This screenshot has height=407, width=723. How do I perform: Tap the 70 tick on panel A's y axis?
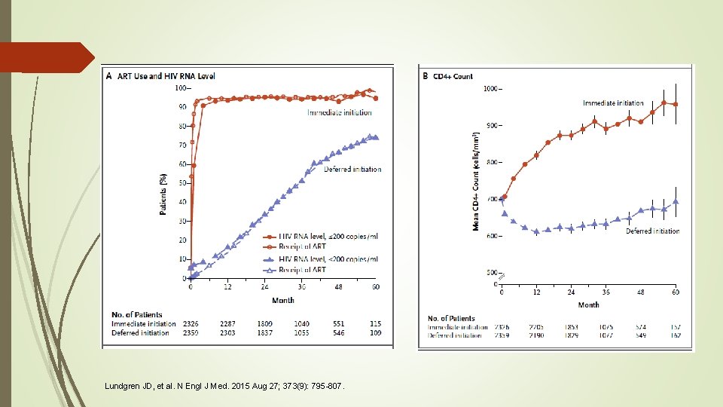[x=182, y=145]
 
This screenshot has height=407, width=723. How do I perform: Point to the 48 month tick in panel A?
[x=338, y=287]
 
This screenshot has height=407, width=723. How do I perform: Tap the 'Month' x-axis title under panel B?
[x=589, y=304]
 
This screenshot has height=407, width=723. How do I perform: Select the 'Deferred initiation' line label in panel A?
[x=352, y=170]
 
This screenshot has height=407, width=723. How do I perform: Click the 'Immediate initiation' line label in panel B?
[x=613, y=103]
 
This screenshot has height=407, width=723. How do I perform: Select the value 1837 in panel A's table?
[x=264, y=333]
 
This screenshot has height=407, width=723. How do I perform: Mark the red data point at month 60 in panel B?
[x=676, y=105]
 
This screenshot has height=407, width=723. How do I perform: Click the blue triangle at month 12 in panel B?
[x=536, y=231]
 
